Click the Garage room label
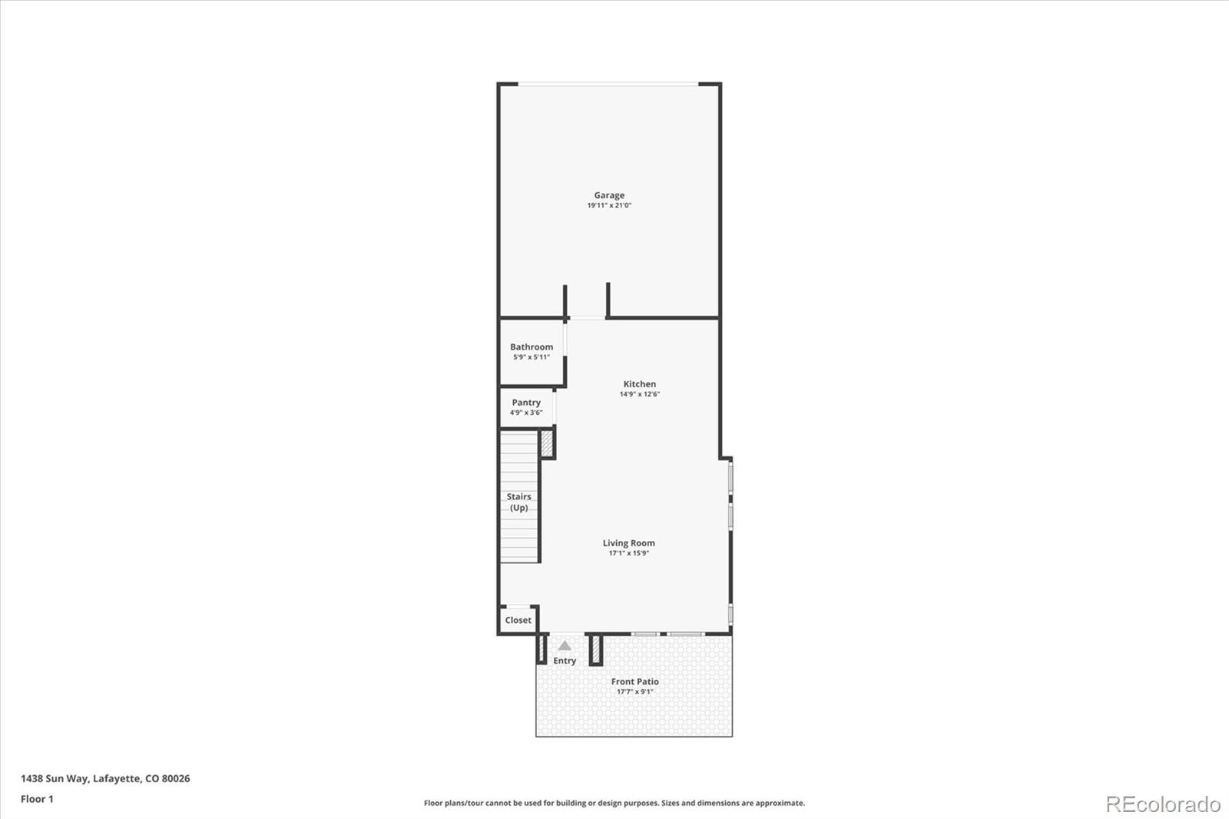[x=609, y=195]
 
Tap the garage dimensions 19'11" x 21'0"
[x=609, y=205]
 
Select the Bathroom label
[x=531, y=347]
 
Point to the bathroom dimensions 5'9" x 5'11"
[x=531, y=356]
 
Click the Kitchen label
[x=639, y=384]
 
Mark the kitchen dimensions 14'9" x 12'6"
[x=639, y=394]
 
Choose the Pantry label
[x=525, y=403]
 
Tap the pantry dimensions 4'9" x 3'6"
[x=525, y=413]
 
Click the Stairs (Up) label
[x=518, y=502]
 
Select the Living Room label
[x=629, y=543]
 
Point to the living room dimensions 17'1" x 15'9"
[x=629, y=553]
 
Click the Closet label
[x=518, y=620]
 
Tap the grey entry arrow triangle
[x=565, y=645]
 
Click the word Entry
[x=565, y=661]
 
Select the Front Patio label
[x=634, y=681]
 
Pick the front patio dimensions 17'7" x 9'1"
[x=634, y=691]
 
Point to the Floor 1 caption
[x=37, y=799]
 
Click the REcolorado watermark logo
[x=1163, y=804]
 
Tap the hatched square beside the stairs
[x=547, y=443]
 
